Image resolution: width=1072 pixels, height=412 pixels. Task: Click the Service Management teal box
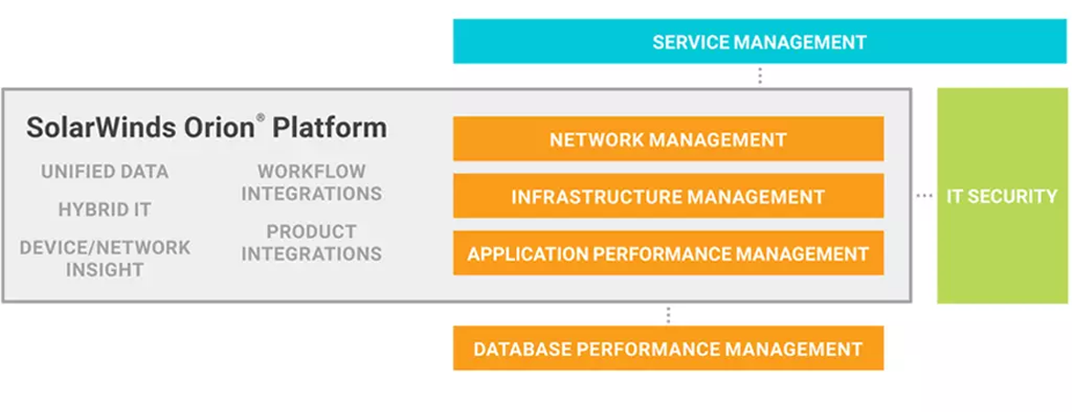760,41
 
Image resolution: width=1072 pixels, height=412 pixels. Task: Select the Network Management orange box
668,138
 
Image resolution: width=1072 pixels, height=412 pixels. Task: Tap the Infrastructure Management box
668,196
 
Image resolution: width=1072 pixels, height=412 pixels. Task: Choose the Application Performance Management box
668,253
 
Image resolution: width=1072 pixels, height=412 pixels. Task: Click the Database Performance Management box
668,348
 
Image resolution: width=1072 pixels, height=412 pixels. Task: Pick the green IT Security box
1001,195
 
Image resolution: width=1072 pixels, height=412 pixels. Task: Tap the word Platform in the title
330,128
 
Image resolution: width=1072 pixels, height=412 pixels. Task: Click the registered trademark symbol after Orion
260,117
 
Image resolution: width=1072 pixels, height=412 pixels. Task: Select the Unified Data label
104,171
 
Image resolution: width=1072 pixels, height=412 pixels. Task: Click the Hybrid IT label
104,210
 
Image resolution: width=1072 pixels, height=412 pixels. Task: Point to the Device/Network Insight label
104,258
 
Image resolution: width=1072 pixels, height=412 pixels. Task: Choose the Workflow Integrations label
312,182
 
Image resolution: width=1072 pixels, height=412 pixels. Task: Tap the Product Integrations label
312,243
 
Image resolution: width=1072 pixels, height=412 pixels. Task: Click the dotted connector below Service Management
760,75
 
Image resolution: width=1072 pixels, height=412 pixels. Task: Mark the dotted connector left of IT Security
924,196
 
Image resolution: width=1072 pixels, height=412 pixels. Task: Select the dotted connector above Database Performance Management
668,314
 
